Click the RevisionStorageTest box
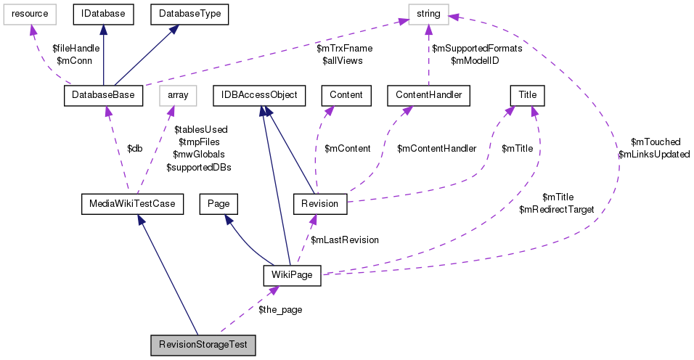204,345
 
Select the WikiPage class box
290,275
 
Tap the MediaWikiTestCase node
131,204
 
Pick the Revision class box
319,204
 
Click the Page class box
219,204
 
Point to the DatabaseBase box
104,95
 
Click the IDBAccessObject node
259,95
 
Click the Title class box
528,95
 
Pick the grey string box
428,13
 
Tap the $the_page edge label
280,309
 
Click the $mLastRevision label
344,240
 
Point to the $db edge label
135,149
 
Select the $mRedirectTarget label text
557,209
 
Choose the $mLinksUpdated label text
653,155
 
